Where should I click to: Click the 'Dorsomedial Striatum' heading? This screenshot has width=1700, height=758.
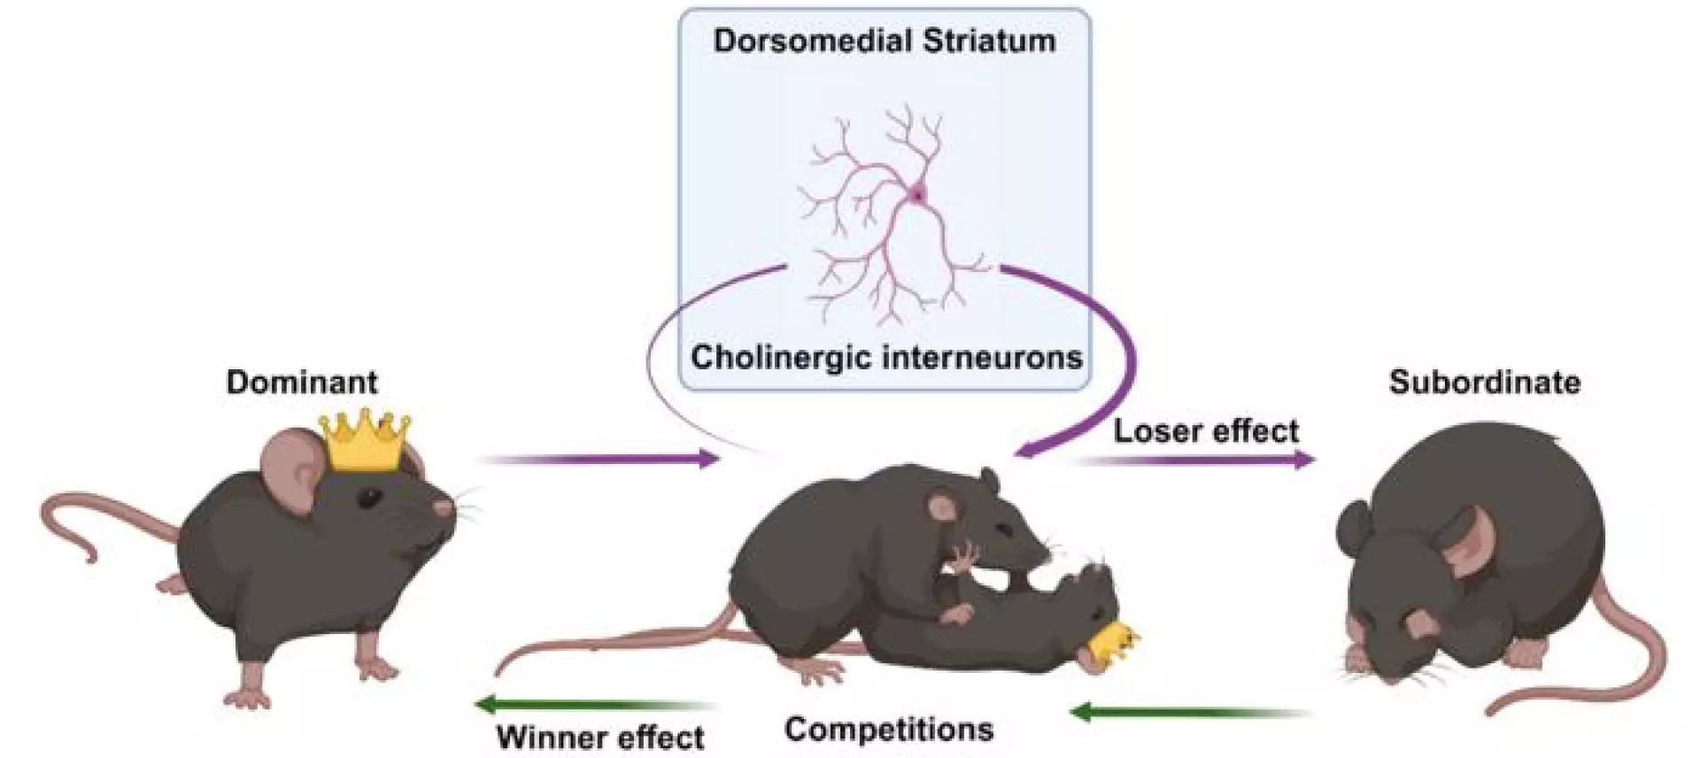[885, 41]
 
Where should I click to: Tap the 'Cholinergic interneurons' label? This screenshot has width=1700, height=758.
[886, 357]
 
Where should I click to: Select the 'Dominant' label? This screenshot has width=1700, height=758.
[302, 382]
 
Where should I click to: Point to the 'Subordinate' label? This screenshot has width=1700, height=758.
[1485, 382]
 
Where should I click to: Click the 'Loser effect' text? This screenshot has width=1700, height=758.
[1206, 431]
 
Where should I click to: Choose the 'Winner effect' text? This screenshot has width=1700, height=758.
[600, 737]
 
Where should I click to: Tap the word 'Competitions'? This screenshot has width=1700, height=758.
[889, 730]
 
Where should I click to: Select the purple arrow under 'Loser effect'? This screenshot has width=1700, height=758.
[1195, 460]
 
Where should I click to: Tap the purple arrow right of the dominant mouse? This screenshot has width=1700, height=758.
[602, 459]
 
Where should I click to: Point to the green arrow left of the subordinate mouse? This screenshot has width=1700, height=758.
[1186, 711]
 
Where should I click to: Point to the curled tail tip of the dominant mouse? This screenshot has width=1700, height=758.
[89, 554]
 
